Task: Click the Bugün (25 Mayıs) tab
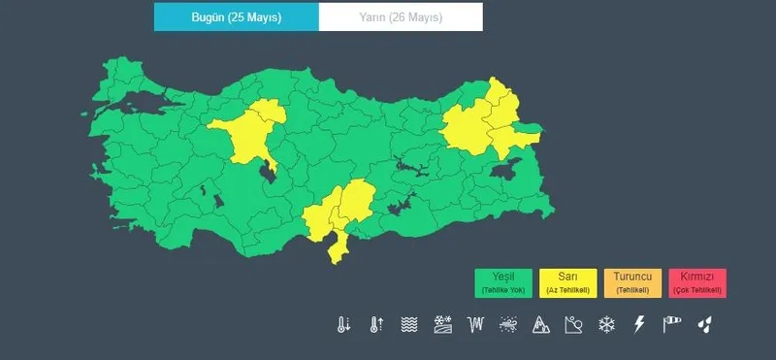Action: pyautogui.click(x=236, y=17)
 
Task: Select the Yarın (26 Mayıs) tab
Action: pyautogui.click(x=400, y=17)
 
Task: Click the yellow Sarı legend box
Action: pyautogui.click(x=567, y=282)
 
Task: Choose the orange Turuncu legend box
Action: pyautogui.click(x=632, y=282)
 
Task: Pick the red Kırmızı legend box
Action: pyautogui.click(x=696, y=282)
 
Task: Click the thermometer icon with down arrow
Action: pyautogui.click(x=343, y=324)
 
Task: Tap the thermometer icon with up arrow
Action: pyautogui.click(x=376, y=324)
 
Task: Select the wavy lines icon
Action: pyautogui.click(x=409, y=324)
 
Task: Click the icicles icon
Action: pyautogui.click(x=475, y=324)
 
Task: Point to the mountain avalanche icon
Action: pyautogui.click(x=541, y=324)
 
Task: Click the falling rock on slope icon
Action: pyautogui.click(x=574, y=324)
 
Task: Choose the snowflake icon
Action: pyautogui.click(x=607, y=324)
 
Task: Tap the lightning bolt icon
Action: pyautogui.click(x=639, y=324)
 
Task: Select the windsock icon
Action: pyautogui.click(x=672, y=324)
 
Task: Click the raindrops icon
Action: pyautogui.click(x=705, y=324)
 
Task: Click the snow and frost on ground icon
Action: pyautogui.click(x=442, y=324)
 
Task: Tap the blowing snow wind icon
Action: pyautogui.click(x=508, y=324)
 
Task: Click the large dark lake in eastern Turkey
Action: pyautogui.click(x=503, y=171)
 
